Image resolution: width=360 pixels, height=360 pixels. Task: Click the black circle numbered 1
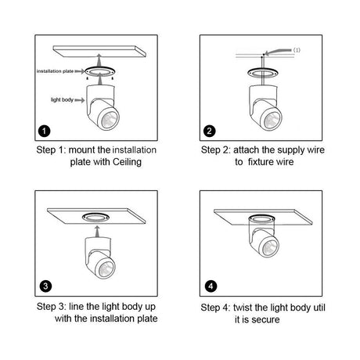tap(45, 131)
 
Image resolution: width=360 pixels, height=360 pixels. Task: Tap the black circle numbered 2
tap(209, 131)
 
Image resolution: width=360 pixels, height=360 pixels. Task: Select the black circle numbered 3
tap(45, 286)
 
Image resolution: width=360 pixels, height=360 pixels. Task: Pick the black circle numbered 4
tap(211, 286)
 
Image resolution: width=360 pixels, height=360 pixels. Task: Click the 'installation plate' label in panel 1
tap(55, 71)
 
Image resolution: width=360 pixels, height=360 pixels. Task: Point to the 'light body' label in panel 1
tap(62, 100)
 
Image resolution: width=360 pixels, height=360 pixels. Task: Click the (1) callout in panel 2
tap(297, 50)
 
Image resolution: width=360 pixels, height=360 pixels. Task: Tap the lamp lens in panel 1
tap(110, 120)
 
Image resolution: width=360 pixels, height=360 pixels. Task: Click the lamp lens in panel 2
tap(272, 120)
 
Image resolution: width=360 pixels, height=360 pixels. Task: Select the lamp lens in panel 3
tap(106, 268)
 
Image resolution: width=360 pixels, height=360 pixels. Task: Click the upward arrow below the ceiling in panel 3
tap(97, 232)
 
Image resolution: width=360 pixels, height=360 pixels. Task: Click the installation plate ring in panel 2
tap(263, 72)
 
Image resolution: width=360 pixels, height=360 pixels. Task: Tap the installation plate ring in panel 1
tap(99, 71)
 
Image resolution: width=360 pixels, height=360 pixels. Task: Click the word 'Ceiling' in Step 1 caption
tap(127, 162)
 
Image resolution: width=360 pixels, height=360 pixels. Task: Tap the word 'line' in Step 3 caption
tap(76, 307)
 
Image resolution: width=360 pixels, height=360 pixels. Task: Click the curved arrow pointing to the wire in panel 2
tap(278, 52)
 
